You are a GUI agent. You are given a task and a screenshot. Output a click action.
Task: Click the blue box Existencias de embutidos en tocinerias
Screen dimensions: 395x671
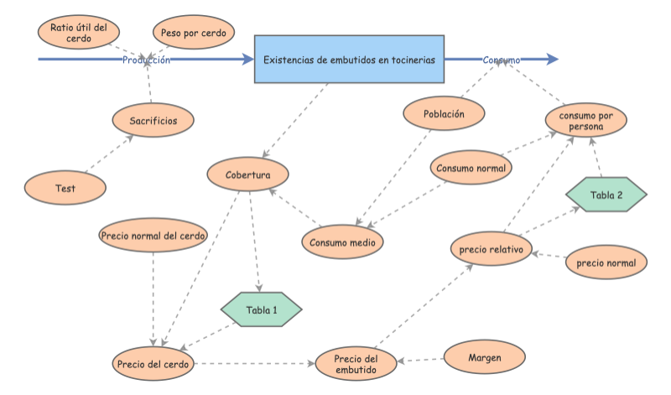(349, 60)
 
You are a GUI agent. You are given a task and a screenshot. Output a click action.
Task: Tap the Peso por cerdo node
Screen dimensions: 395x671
(193, 33)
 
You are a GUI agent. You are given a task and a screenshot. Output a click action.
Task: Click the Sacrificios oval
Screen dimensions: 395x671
(153, 121)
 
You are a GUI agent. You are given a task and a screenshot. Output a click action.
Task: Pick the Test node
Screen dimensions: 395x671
(65, 189)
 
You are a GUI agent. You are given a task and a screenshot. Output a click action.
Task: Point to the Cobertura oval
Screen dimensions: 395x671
(248, 174)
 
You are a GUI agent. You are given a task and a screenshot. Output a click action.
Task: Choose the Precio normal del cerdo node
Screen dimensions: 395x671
(153, 236)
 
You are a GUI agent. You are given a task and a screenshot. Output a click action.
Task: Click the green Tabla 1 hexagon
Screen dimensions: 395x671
(262, 310)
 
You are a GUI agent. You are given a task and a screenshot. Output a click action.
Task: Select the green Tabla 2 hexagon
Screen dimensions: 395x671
(606, 195)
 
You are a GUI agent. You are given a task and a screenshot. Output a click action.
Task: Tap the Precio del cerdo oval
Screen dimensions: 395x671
(153, 364)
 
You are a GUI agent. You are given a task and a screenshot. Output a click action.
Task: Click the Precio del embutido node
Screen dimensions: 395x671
(356, 364)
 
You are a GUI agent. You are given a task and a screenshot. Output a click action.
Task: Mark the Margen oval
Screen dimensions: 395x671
(484, 357)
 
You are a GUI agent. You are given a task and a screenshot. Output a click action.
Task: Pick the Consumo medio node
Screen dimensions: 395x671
(342, 242)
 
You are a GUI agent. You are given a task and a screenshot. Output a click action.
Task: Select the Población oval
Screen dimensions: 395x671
(444, 113)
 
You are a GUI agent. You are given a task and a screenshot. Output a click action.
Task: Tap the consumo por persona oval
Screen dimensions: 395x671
(586, 120)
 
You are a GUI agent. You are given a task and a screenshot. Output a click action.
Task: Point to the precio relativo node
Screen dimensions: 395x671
(492, 249)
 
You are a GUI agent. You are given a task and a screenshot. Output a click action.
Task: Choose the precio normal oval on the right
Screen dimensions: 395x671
(606, 262)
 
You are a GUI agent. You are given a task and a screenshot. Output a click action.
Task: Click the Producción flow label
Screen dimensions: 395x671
(146, 60)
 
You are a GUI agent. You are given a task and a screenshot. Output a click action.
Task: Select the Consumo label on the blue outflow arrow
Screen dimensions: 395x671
(502, 60)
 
